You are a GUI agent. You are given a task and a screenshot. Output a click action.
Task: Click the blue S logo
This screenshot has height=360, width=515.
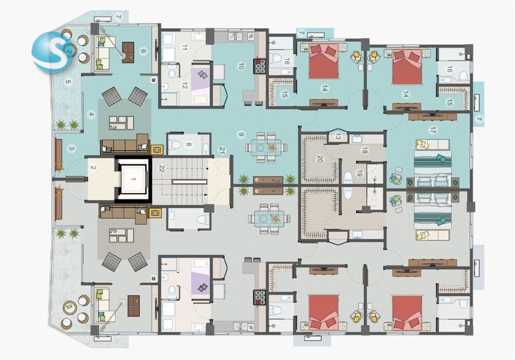coord(52,52)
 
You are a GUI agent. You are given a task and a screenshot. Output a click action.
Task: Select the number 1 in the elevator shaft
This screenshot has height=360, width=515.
coord(133,178)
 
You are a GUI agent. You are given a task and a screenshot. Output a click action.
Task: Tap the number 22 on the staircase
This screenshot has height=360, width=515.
coord(162,169)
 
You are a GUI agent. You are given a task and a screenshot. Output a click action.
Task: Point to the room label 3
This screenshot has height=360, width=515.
coord(71,148)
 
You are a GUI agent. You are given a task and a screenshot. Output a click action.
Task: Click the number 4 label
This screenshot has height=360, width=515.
coord(92,115)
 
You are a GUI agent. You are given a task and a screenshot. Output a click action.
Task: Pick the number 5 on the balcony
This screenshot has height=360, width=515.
coord(68,82)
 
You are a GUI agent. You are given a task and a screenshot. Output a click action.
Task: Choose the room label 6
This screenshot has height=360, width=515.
coord(143,51)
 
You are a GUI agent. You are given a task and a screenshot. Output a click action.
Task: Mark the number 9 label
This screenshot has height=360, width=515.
coord(241,134)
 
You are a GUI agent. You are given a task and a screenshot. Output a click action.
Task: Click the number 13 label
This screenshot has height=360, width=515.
coord(338,137)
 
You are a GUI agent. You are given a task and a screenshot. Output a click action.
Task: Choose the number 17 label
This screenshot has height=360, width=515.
coord(433,131)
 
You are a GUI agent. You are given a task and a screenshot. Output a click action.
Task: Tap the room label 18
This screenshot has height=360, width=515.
coord(364,150)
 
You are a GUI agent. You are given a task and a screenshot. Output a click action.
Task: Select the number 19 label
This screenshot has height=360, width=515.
coord(359,174)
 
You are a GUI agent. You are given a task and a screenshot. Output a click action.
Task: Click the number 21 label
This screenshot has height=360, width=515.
coord(222,151)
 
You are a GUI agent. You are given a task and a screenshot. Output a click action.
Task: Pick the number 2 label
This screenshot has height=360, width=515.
coord(93,167)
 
